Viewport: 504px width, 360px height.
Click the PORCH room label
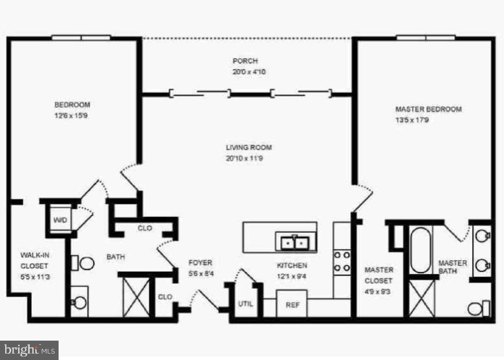245,61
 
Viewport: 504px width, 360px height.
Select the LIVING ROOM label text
249,148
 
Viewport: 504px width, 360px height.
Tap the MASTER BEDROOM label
428,109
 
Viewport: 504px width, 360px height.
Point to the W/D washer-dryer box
60,220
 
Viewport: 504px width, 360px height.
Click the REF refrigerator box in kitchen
292,304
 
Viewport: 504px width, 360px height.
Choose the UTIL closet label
246,304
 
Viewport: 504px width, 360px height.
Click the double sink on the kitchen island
295,243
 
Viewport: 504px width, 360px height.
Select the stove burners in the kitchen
342,261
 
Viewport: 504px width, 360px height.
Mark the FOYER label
200,263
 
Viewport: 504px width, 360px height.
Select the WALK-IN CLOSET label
34,261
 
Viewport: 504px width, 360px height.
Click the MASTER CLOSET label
379,275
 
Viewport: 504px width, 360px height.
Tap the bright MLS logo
29,350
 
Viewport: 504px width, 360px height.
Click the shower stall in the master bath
422,298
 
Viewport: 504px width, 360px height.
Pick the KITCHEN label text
292,266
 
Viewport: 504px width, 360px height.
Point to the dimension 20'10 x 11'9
244,158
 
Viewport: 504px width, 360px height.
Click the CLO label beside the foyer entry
165,297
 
